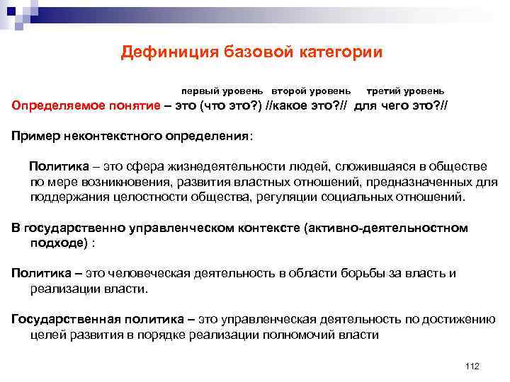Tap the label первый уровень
coord(222,91)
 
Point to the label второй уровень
coord(310,91)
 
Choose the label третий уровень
coord(405,91)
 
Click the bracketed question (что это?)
coord(229,105)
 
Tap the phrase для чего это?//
coord(401,105)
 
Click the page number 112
coord(472,366)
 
